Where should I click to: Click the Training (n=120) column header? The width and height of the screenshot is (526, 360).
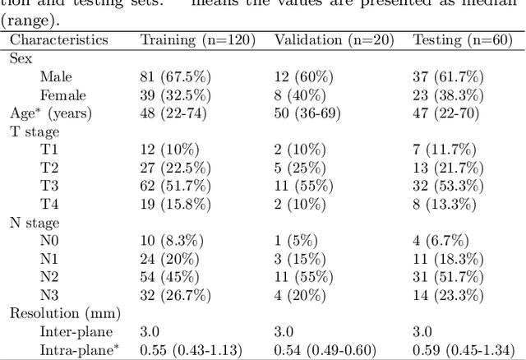197,39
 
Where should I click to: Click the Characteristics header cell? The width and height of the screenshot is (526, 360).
58,39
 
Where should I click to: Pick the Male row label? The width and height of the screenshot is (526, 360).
56,76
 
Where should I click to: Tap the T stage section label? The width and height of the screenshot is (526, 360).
35,131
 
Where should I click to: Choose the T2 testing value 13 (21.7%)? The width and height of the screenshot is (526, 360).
449,167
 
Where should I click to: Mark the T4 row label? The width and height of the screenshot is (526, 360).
49,203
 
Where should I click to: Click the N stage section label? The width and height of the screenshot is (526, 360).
35,221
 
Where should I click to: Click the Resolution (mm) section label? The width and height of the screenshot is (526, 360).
64,312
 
